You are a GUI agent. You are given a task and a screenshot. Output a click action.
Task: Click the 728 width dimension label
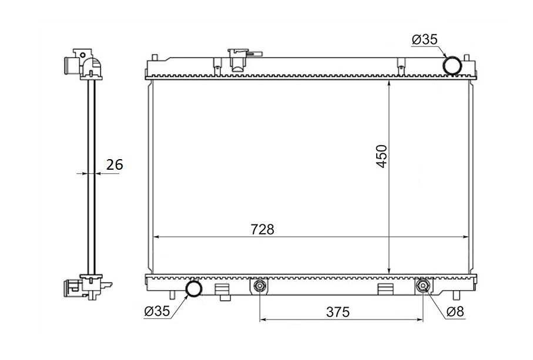tap(263, 230)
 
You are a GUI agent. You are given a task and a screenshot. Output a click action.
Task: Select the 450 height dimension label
tap(382, 156)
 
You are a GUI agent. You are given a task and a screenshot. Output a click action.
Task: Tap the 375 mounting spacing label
tap(338, 312)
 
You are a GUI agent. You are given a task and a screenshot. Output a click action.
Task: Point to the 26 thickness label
tap(115, 164)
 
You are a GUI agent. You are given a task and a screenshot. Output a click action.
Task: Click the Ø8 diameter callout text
tap(455, 312)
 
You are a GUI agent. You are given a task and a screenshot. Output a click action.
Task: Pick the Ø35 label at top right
tap(424, 40)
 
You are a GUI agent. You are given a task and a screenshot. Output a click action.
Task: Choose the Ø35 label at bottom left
tap(157, 311)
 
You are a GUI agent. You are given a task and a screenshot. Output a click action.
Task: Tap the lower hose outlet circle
tap(194, 288)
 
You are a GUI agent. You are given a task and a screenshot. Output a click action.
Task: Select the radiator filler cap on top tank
tap(240, 60)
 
